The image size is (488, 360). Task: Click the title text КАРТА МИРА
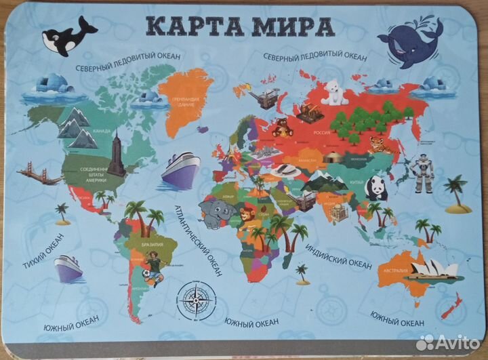point(240,27)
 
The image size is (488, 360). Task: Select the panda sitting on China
point(375,188)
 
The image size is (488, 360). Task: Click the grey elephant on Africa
point(217,213)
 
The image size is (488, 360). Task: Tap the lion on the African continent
point(246,216)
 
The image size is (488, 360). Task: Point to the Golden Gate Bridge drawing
point(39,172)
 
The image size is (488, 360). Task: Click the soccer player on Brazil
point(153,268)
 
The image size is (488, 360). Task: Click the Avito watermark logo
point(447,342)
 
